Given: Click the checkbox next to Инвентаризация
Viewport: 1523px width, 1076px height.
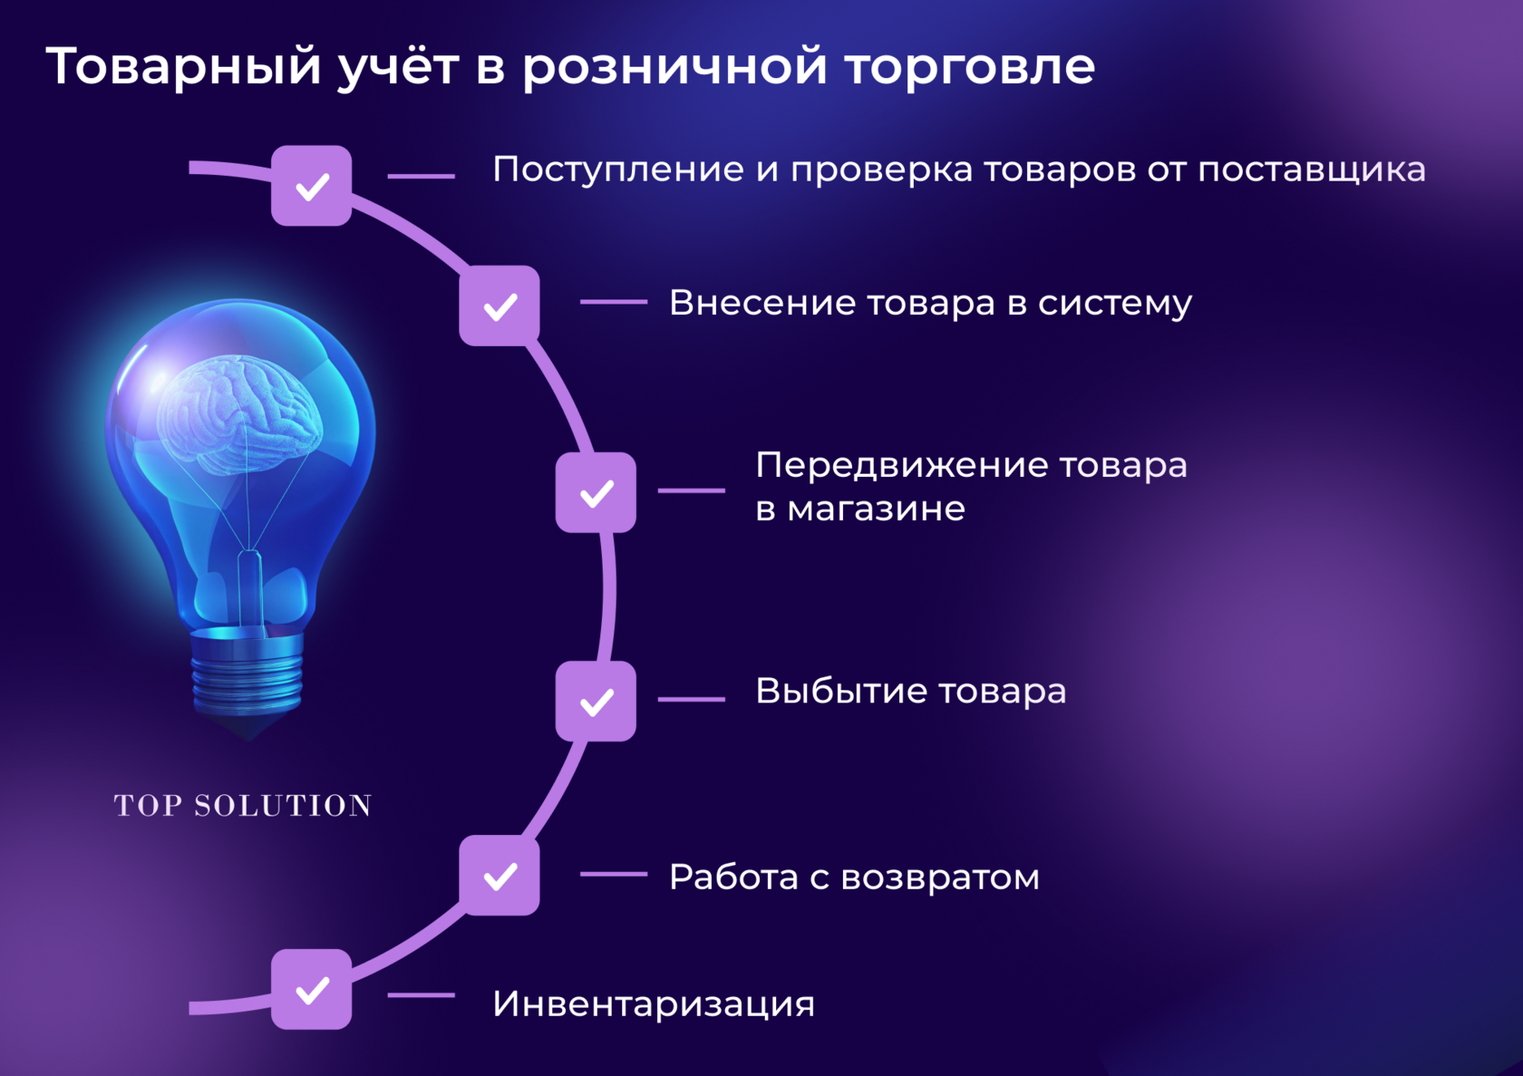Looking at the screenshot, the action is (311, 989).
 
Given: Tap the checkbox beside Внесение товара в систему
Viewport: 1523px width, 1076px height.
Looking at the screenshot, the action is (500, 305).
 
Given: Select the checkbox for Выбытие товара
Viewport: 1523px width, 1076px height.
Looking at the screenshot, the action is (596, 701).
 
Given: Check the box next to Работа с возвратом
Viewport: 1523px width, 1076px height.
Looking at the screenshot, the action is (500, 876).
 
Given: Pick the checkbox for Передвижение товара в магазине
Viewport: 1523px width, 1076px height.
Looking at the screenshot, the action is (596, 492).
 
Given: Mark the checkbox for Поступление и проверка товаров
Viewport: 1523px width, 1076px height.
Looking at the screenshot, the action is (311, 186).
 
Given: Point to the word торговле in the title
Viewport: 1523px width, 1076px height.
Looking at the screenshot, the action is (969, 67).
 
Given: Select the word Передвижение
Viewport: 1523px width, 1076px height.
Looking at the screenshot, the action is (901, 466).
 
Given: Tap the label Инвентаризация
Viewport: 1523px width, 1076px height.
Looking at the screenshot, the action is (653, 1004).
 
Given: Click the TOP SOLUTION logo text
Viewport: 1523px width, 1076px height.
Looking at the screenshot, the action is (243, 806).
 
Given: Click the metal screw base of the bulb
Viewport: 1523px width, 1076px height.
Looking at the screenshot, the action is (247, 671).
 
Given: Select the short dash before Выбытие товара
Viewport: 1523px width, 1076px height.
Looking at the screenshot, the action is (691, 699).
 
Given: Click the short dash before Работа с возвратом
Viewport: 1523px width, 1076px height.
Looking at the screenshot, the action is (613, 874).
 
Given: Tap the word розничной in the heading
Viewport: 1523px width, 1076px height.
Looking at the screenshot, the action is (674, 67).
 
